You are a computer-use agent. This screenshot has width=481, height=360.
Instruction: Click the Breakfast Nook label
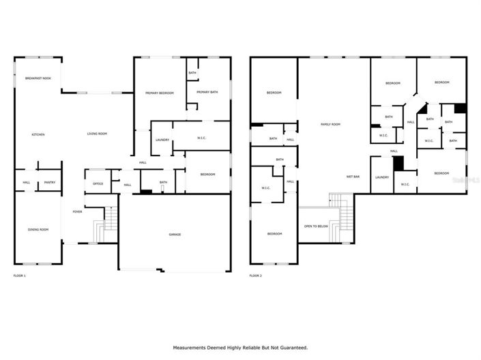pos(38,79)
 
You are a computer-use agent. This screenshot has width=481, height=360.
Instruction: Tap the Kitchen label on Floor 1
pos(38,134)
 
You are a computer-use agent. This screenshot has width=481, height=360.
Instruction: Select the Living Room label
pos(97,134)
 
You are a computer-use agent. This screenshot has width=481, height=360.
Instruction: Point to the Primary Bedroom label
pos(159,93)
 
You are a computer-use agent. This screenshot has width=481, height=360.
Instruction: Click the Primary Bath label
pos(207,92)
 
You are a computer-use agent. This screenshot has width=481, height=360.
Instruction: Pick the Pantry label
pos(49,182)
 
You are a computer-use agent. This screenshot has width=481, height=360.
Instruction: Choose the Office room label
pos(98,184)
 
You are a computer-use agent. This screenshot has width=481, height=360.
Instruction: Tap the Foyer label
pos(78,212)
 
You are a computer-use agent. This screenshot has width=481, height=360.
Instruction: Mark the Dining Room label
pos(38,230)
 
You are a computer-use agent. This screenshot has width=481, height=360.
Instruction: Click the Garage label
pos(175,235)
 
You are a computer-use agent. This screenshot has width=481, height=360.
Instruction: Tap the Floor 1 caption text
pos(19,275)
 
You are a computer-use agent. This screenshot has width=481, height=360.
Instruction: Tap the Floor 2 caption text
pos(255,275)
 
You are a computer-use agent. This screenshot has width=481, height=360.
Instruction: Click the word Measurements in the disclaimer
pos(193,348)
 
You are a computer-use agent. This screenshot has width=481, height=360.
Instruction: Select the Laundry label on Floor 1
pos(162,140)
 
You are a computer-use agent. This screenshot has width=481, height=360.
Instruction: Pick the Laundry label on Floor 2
pos(381,177)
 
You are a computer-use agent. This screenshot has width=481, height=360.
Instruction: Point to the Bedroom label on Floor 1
pos(207,175)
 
